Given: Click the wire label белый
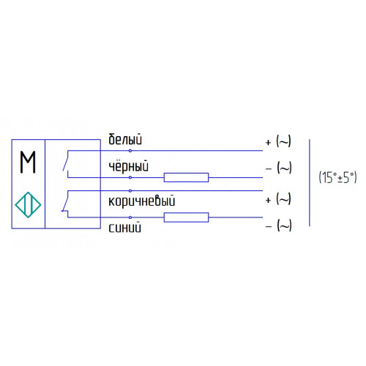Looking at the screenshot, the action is click(x=125, y=139).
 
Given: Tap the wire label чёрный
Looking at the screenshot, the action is click(x=128, y=166).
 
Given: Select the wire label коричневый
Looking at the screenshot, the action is click(x=142, y=201).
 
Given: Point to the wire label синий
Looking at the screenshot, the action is click(x=124, y=228).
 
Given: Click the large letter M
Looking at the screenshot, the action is click(x=28, y=162).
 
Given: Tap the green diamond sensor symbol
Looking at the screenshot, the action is click(x=28, y=205).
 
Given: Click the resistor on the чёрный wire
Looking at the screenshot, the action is click(x=186, y=177).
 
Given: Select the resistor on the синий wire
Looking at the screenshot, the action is click(x=186, y=217).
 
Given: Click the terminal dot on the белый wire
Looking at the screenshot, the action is click(x=130, y=151).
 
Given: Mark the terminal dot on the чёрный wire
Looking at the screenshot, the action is click(x=130, y=177).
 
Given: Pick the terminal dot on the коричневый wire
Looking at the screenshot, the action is click(x=130, y=190).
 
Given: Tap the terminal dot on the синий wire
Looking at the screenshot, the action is click(x=130, y=217).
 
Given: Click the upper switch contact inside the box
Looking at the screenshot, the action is click(x=66, y=161).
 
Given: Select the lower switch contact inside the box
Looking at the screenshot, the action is click(x=65, y=201).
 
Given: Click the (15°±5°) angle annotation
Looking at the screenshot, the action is click(x=338, y=177).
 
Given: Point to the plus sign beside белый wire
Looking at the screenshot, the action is click(x=269, y=142).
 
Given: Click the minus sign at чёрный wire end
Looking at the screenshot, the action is click(x=269, y=168).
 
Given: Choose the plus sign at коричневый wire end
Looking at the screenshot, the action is click(x=269, y=200).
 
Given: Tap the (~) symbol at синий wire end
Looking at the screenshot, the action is click(x=284, y=225).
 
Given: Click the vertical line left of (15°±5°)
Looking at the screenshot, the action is click(x=310, y=183).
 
